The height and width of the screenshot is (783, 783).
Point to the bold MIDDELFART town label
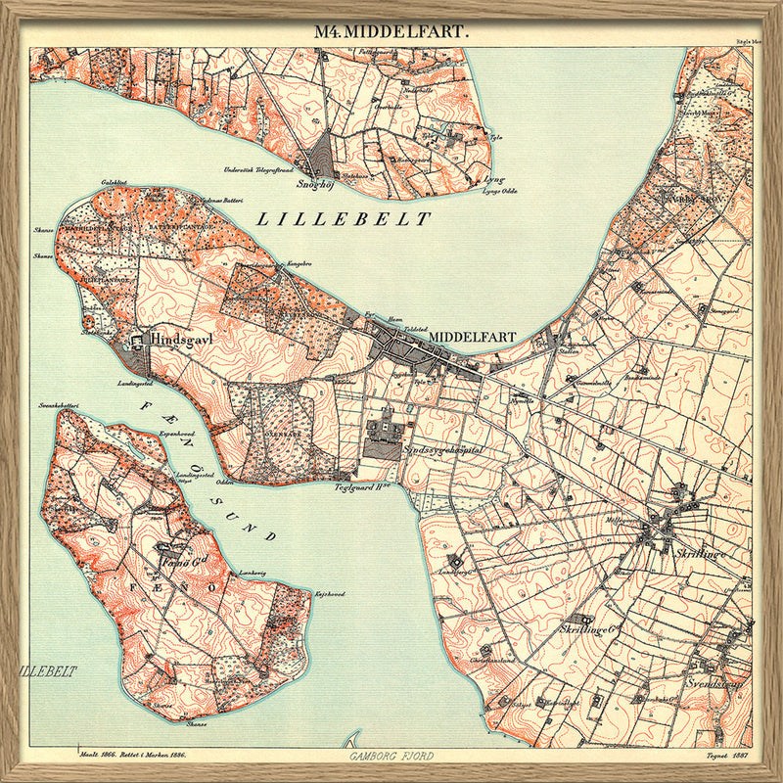473,336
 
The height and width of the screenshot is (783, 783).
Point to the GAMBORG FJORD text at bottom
391,757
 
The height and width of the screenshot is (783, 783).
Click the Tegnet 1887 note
729,756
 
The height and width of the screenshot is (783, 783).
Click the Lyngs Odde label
500,192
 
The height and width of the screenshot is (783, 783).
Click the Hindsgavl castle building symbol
135,338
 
